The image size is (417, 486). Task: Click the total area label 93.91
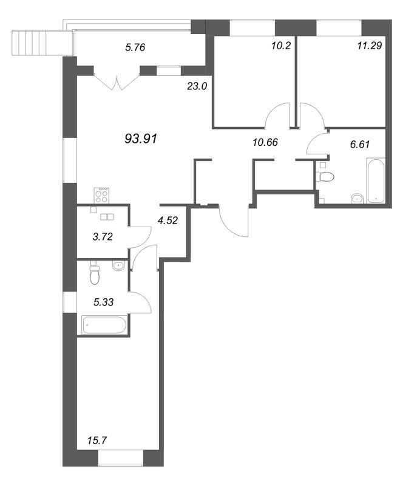141,139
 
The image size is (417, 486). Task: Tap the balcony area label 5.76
135,47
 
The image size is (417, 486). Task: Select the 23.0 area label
197,86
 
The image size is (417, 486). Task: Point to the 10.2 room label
281,46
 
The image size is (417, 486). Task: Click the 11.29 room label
370,46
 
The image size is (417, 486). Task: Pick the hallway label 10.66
265,142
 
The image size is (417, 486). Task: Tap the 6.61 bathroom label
360,144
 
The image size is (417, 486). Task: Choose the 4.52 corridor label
168,221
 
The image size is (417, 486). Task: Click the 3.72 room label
103,237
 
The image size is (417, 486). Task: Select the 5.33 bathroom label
103,302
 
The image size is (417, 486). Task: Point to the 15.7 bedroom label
97,440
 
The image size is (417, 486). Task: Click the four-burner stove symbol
101,195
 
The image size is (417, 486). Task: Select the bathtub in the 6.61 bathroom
376,180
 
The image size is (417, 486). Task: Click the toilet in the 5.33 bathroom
95,273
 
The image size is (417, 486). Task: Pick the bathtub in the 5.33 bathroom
104,325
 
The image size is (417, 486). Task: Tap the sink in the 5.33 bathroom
118,266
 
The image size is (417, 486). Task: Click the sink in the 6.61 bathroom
358,199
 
